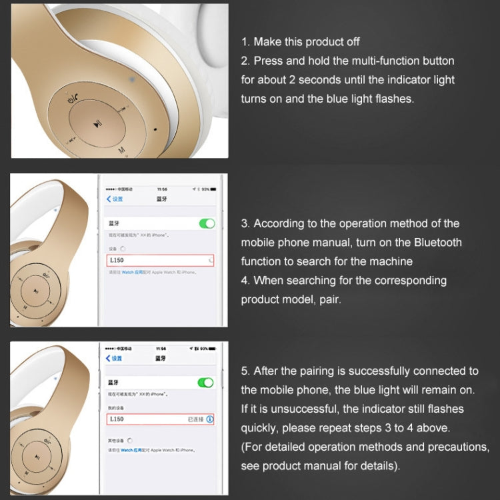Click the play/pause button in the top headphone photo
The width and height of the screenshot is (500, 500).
click(98, 124)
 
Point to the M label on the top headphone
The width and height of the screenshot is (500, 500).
click(122, 150)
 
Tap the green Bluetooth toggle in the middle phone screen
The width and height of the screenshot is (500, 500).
click(207, 223)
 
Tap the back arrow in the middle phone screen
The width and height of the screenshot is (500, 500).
click(109, 199)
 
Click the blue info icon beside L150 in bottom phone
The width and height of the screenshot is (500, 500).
click(209, 419)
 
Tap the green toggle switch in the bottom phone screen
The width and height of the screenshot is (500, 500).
click(205, 383)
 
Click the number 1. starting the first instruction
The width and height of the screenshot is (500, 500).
click(245, 41)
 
